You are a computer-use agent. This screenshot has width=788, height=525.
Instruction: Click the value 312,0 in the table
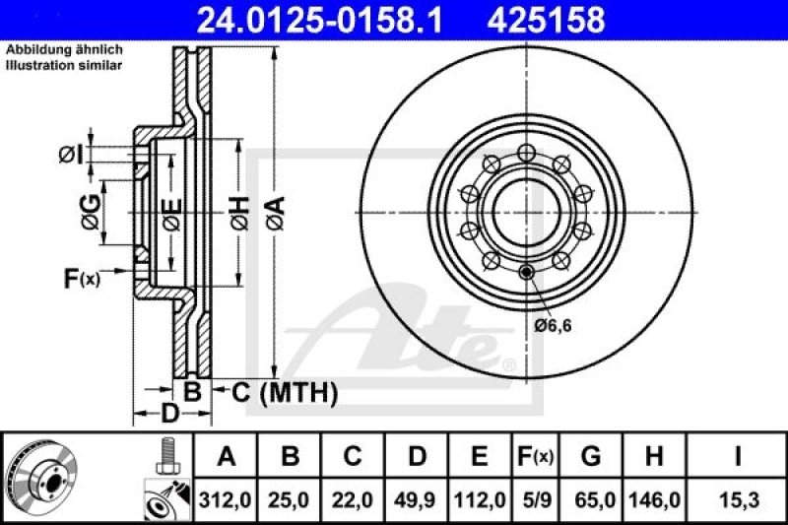point(226,500)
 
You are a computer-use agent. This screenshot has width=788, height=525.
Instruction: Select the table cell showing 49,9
point(417,500)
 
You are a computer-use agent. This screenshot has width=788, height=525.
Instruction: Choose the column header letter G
point(591,457)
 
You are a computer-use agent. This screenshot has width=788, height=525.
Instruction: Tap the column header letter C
point(352,457)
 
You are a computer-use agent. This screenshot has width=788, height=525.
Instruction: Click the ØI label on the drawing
point(69,154)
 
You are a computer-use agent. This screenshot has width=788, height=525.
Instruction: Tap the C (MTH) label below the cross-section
point(285,393)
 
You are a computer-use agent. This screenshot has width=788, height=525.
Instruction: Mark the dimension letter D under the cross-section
point(169,414)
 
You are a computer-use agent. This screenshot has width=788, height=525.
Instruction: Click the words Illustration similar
point(64,66)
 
